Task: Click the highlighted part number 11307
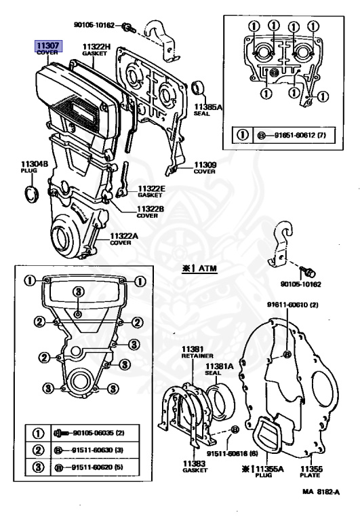pos(48,45)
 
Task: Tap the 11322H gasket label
pos(96,50)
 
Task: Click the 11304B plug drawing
pos(33,195)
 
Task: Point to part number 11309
pos(205,165)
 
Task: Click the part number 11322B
pos(151,209)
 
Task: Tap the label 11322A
pos(124,236)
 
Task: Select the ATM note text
pos(199,268)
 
